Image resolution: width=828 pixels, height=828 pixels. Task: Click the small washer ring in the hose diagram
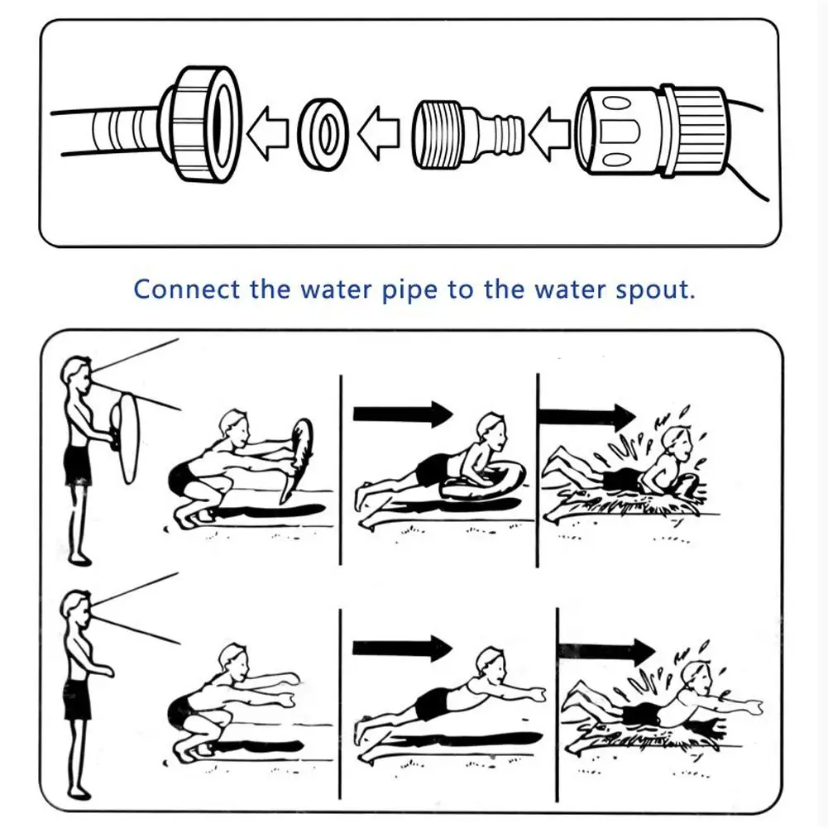(323, 131)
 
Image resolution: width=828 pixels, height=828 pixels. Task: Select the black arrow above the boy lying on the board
(403, 414)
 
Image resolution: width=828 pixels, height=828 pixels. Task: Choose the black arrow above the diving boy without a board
(403, 646)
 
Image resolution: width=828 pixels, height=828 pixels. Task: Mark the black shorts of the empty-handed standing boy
(77, 700)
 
